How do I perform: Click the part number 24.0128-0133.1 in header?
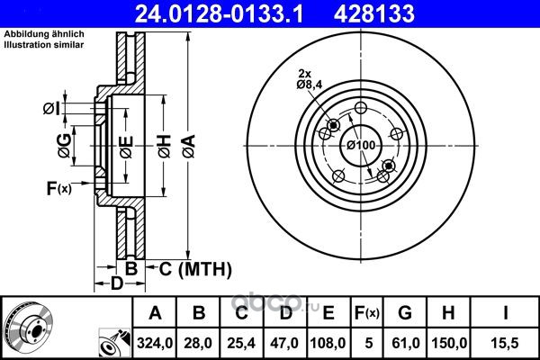(219, 13)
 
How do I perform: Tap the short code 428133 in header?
(374, 13)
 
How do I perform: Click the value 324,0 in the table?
(155, 343)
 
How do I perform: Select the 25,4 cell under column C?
(241, 343)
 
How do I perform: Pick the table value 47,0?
(284, 343)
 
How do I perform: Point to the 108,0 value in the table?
(328, 343)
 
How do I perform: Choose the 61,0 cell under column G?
(405, 343)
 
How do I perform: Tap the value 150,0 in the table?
(449, 343)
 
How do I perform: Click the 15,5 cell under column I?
(505, 343)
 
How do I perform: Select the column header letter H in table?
(448, 313)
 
